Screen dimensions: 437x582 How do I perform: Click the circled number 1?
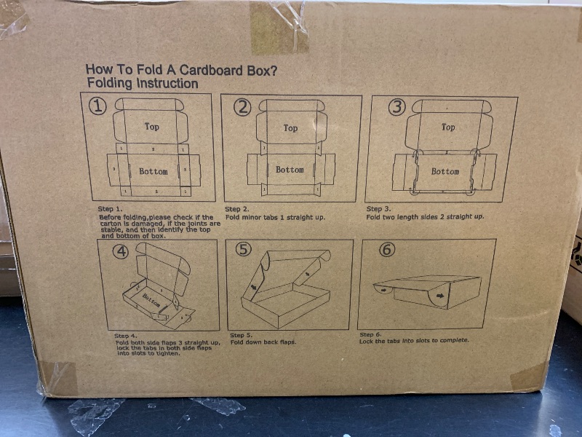[98, 106]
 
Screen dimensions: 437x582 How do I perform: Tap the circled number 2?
[242, 108]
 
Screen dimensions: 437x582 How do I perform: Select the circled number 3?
[396, 108]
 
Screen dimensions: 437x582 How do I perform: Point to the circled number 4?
[121, 252]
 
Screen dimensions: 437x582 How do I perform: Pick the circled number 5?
[244, 249]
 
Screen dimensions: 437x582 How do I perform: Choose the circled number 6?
[387, 249]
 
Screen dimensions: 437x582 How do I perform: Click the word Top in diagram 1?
[151, 127]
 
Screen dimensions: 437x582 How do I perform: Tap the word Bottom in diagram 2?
[290, 170]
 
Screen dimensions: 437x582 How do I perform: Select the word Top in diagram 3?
[448, 127]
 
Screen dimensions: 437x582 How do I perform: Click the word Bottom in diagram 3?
[445, 172]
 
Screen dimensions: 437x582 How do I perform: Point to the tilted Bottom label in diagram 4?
[151, 299]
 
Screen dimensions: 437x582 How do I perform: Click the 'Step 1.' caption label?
[110, 209]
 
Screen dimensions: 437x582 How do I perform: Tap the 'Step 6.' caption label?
[370, 334]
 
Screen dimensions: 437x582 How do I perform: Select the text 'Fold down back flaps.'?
[263, 342]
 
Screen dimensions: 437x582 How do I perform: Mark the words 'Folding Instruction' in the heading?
[142, 84]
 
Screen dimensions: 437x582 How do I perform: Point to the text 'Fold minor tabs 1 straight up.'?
[275, 217]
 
